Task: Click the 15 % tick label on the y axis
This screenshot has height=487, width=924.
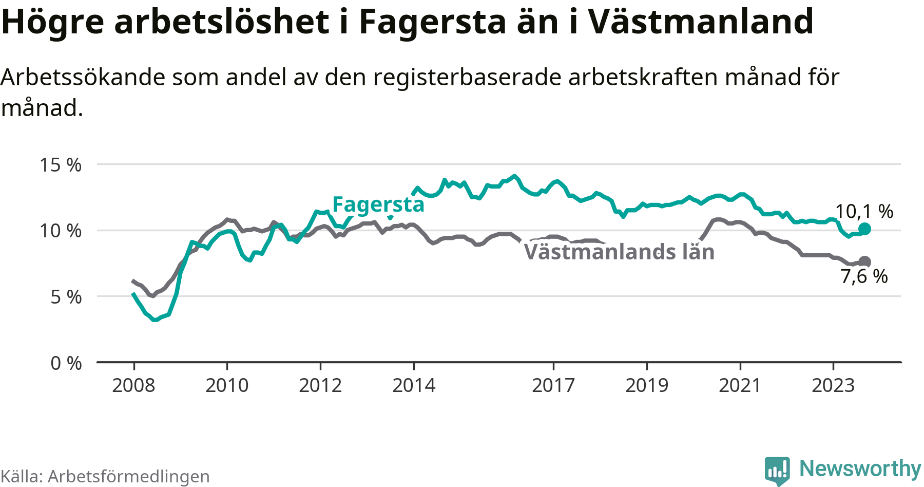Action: click(61, 165)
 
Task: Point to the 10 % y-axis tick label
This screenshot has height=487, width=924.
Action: click(61, 231)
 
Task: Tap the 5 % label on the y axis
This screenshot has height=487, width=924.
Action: click(66, 297)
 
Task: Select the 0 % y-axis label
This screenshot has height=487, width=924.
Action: click(66, 363)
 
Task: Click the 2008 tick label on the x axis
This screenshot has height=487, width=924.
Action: click(133, 385)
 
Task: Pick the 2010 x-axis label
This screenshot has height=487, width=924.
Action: click(227, 385)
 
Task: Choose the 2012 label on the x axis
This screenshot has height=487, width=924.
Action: click(320, 385)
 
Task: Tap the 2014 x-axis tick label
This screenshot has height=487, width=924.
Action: click(414, 385)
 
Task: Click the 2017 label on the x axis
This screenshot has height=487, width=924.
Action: click(553, 385)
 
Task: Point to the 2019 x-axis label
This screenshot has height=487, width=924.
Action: click(647, 385)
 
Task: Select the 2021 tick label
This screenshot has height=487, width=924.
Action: click(740, 385)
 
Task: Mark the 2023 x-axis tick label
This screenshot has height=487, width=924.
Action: click(833, 385)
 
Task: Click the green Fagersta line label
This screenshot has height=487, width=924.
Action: click(378, 205)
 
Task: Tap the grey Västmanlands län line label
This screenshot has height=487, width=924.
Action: click(619, 252)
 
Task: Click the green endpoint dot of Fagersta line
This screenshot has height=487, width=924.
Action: click(864, 229)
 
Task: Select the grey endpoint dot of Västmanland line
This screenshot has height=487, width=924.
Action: click(864, 261)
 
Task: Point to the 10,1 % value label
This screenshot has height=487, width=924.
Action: click(864, 211)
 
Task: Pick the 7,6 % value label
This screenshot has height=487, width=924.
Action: click(864, 276)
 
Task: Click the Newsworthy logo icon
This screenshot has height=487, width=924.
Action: click(777, 471)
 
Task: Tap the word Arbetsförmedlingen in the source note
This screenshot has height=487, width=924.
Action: click(129, 476)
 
